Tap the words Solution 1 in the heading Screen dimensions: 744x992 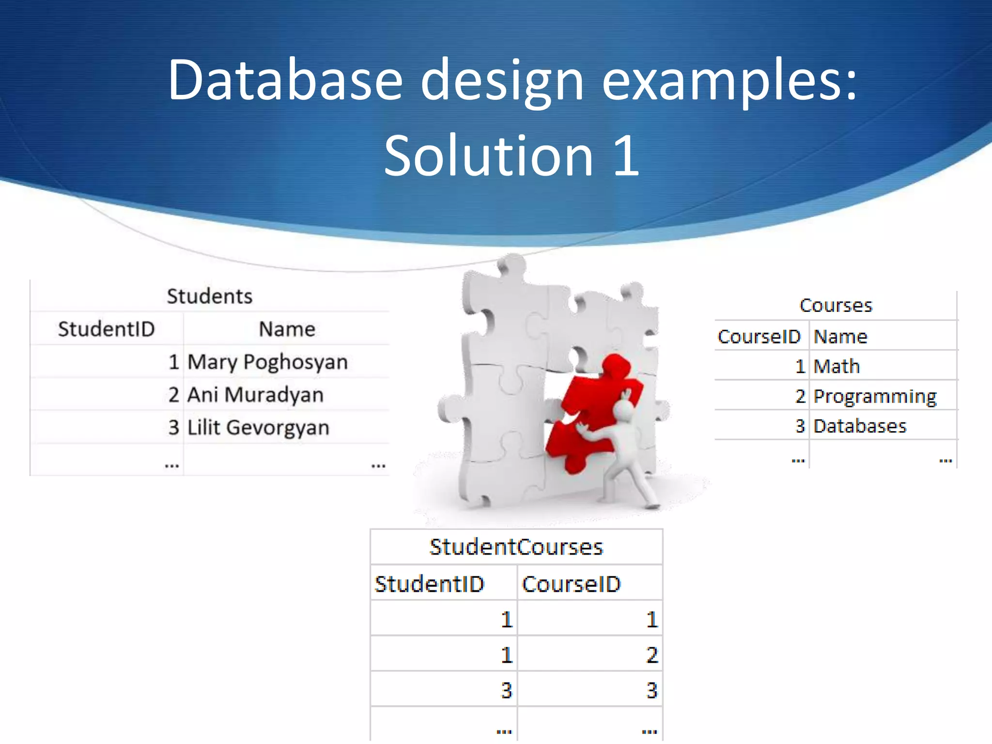tap(511, 155)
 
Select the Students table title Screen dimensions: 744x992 tap(209, 296)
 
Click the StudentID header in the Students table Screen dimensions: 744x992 tap(106, 329)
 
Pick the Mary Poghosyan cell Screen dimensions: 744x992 tap(267, 362)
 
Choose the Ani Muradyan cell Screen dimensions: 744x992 tap(255, 395)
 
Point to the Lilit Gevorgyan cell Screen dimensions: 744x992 tap(258, 428)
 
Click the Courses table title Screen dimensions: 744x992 tap(836, 305)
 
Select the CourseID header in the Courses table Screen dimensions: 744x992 tap(759, 336)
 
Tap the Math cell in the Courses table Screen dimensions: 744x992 tap(837, 366)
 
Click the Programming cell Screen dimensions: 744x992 tap(875, 396)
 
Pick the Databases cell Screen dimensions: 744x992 tap(860, 426)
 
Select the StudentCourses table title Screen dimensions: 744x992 tap(516, 547)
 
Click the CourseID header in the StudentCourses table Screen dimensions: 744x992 tap(571, 584)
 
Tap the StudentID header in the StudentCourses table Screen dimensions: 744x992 tap(429, 584)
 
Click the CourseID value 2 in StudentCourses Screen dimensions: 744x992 tap(652, 655)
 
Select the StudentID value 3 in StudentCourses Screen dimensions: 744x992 tap(506, 690)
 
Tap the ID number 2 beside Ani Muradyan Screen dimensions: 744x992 tap(174, 395)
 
